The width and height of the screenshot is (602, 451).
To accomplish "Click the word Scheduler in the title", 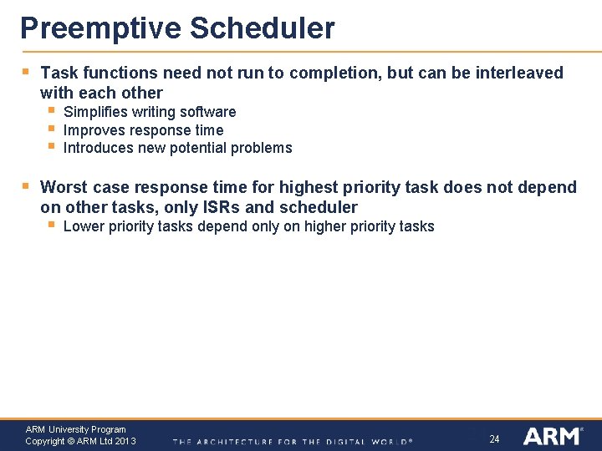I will [x=262, y=29].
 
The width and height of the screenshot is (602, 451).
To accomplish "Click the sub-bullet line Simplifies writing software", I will [x=150, y=112].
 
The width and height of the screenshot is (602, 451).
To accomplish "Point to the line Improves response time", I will [x=143, y=130].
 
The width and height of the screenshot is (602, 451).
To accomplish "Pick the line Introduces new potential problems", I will [x=177, y=149].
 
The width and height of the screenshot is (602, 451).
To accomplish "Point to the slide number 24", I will [x=494, y=439].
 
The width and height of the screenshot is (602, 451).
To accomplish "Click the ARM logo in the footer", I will [x=552, y=436].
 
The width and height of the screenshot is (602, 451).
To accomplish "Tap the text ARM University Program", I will [x=76, y=430].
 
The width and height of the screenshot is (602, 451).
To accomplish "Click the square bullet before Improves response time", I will [x=51, y=129].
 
